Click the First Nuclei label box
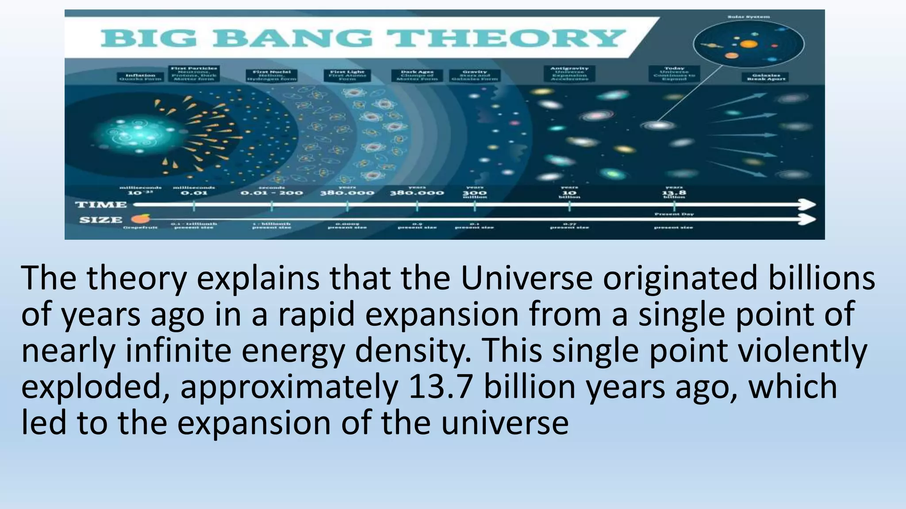(x=272, y=75)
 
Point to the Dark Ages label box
(x=417, y=75)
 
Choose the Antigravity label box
(x=569, y=73)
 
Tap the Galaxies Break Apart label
(x=766, y=77)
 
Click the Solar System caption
(x=749, y=17)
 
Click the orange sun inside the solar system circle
(x=749, y=44)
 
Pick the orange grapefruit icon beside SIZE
(x=144, y=218)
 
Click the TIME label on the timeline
(x=101, y=205)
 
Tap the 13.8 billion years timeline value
(x=674, y=193)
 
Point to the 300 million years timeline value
(x=475, y=193)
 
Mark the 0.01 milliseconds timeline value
(x=194, y=193)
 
